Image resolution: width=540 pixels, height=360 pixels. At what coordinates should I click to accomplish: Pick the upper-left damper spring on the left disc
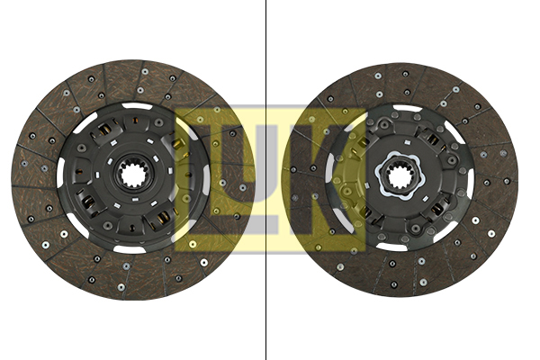click(104, 135)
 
